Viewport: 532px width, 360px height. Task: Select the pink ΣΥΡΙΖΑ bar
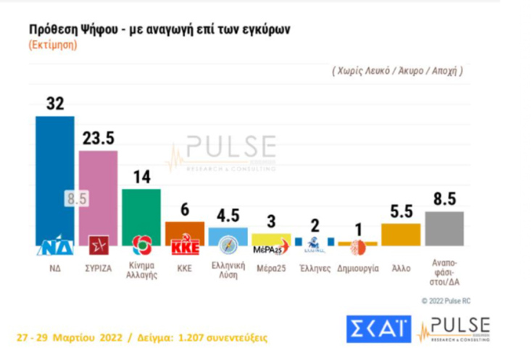(x=98, y=188)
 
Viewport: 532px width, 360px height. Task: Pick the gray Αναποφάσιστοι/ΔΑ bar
(x=444, y=228)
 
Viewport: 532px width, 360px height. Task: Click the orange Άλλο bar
(x=401, y=234)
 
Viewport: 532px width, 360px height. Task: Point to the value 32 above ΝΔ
(x=55, y=104)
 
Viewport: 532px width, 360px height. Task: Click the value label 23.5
(x=99, y=138)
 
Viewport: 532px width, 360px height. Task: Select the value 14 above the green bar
(x=141, y=177)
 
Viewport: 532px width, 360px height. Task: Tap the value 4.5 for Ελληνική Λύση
(x=228, y=215)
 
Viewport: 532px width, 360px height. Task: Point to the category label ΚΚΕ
(x=184, y=268)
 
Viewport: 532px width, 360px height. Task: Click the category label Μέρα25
(x=270, y=268)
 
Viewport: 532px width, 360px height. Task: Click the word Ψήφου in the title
(x=94, y=30)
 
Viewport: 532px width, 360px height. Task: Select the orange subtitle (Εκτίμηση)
(x=53, y=44)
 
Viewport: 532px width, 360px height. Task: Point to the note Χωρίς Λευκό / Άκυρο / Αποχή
(x=398, y=71)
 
